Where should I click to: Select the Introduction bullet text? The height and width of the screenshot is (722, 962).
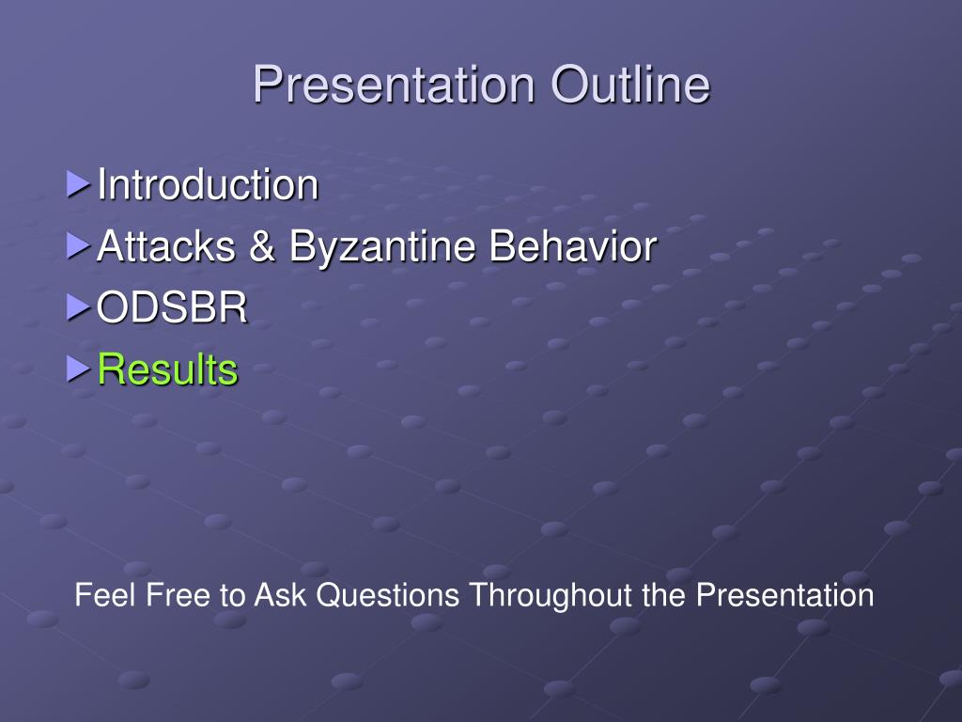coord(208,184)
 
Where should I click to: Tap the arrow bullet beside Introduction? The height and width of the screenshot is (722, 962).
coord(79,184)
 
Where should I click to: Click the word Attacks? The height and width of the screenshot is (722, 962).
coord(166,245)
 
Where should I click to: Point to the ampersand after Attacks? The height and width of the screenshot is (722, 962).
coord(262,245)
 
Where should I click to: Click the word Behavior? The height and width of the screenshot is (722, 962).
coord(573,245)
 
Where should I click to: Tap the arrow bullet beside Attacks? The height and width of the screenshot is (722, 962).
coord(79,245)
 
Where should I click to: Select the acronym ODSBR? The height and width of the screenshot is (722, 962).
coord(172,307)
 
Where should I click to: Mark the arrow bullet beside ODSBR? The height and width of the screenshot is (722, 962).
coord(79,307)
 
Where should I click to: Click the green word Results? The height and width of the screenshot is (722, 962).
coord(167,369)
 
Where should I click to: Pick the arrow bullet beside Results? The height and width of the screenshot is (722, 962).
coord(79,369)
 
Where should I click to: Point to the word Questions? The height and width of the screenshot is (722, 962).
coord(388,595)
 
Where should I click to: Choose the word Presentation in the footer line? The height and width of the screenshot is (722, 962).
coord(784,595)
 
